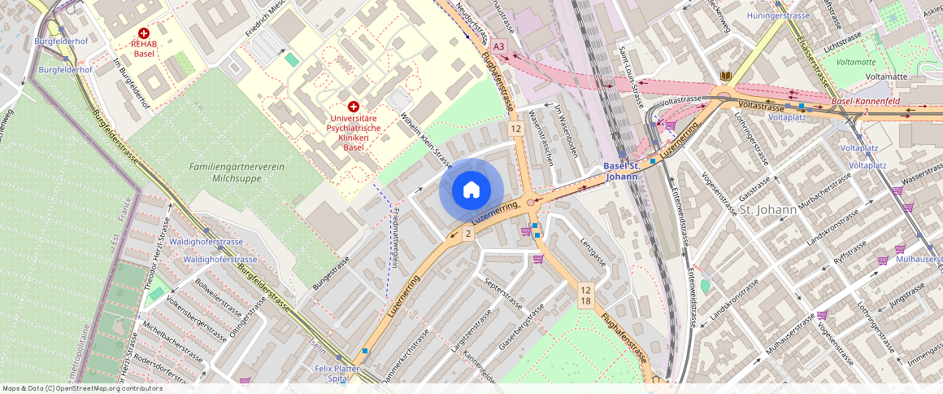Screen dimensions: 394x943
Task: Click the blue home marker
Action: [x=471, y=190]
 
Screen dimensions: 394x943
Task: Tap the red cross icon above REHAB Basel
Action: [x=144, y=33]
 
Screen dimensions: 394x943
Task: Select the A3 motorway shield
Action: [x=499, y=47]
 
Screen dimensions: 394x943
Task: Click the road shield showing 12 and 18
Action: [x=585, y=295]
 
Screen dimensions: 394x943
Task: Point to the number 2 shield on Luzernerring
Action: [x=467, y=234]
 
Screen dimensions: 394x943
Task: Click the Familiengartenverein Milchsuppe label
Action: [x=236, y=172]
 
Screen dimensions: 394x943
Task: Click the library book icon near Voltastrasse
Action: [x=725, y=76]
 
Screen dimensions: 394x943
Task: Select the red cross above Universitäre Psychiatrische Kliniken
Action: [x=354, y=107]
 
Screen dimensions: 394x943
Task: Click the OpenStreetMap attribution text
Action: [x=83, y=388]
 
